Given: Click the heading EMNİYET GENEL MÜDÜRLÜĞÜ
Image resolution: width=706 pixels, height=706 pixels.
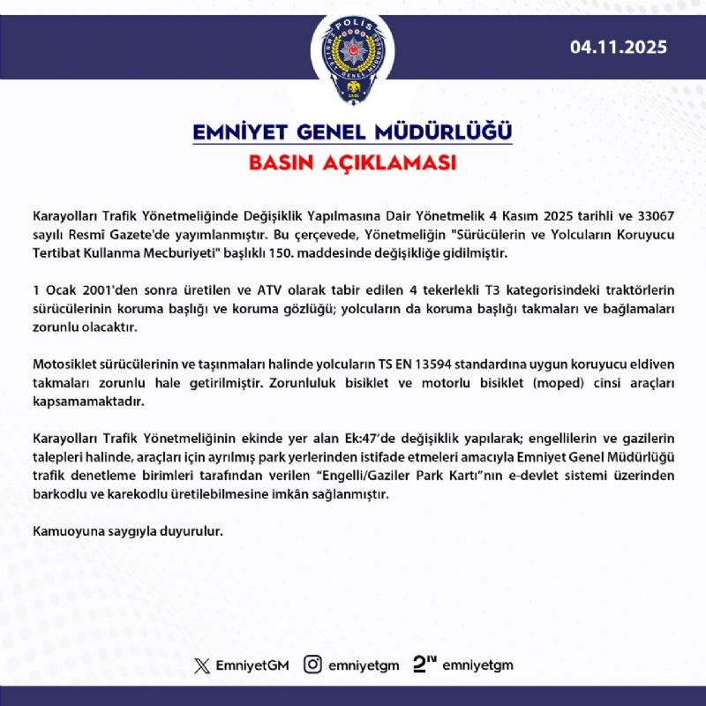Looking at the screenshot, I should (352, 133).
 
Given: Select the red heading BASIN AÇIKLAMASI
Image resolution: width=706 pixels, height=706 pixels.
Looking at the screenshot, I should (352, 164).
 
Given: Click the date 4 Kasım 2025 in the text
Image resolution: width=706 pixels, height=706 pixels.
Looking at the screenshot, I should (545, 215).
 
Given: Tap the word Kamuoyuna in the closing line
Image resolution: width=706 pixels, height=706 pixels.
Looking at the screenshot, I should (66, 531).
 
